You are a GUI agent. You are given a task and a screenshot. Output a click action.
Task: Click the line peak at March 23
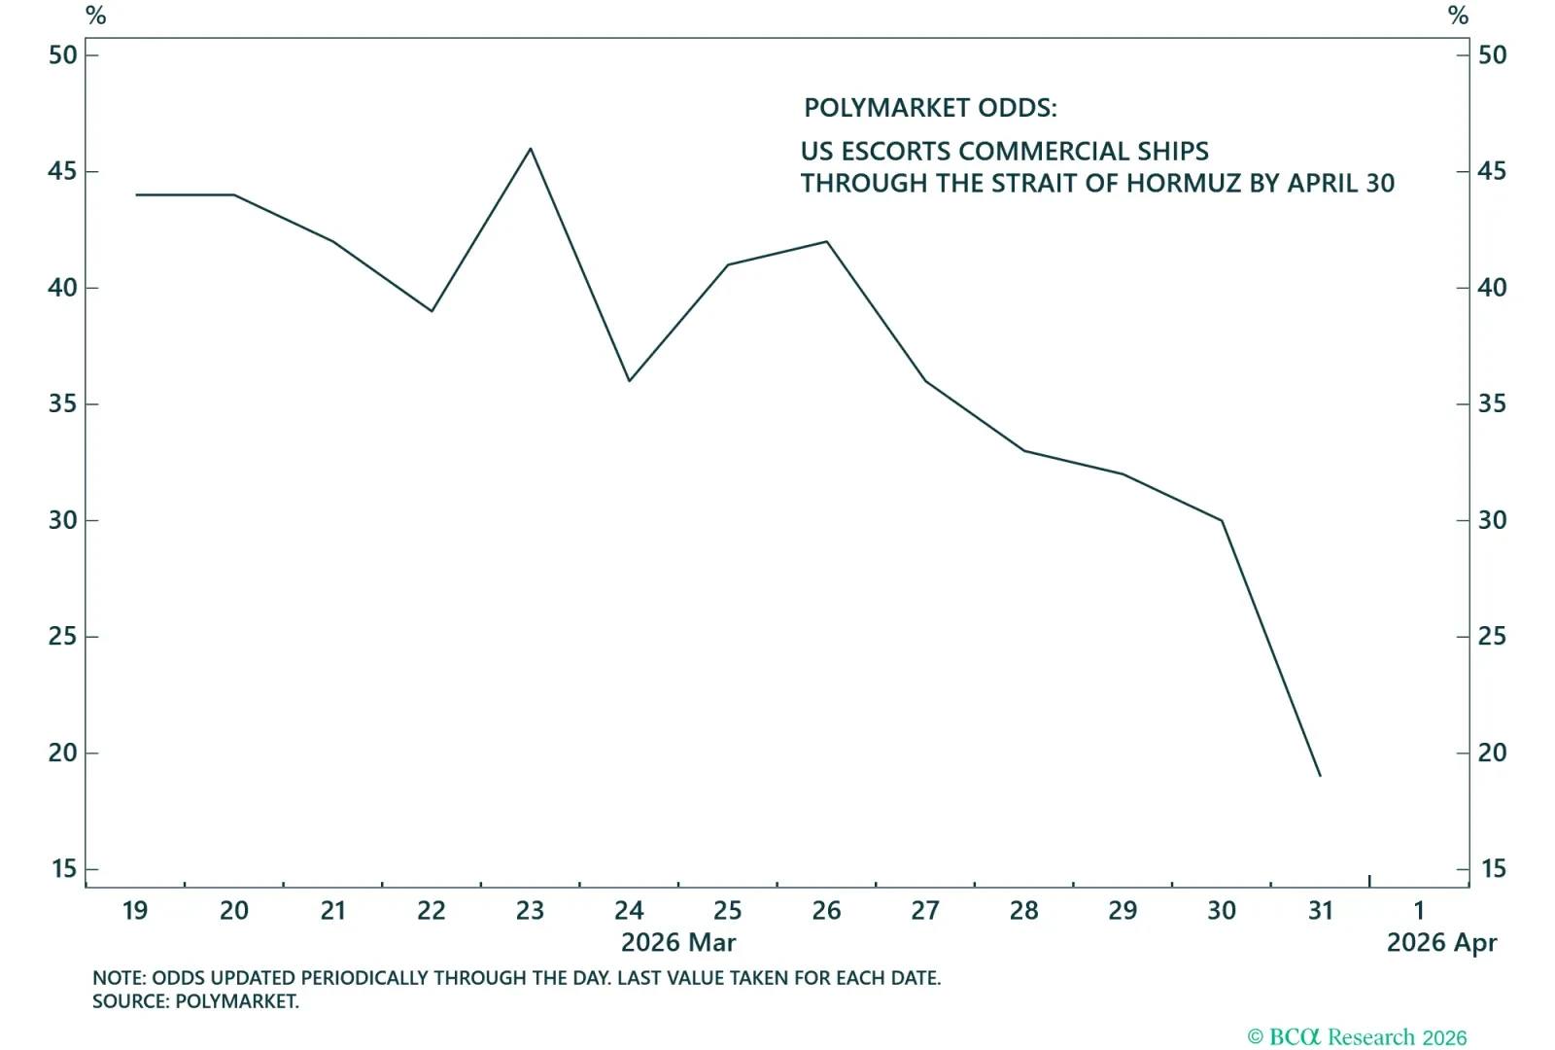530,149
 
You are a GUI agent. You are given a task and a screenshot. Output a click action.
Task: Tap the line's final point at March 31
1320,776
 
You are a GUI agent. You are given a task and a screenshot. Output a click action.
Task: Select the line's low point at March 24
629,380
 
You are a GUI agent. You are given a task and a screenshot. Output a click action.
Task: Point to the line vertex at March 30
1222,520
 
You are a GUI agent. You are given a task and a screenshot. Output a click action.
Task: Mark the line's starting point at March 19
136,194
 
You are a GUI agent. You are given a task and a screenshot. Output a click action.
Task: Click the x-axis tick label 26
826,911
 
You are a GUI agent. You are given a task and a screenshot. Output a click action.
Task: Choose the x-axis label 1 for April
1419,911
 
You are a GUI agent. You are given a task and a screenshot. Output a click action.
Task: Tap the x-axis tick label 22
432,911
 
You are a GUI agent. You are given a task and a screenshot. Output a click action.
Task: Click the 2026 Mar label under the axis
678,942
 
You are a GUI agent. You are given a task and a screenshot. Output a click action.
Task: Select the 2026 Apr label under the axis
1441,942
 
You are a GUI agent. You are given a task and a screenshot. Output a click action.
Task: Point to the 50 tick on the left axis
63,55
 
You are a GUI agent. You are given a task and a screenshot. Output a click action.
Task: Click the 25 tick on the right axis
1492,636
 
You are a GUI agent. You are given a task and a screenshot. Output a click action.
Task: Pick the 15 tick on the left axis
63,868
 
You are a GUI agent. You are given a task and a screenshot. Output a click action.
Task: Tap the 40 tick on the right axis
1492,288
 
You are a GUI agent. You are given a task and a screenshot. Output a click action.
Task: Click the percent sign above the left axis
95,16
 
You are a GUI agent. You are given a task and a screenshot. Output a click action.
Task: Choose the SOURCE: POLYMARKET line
195,1001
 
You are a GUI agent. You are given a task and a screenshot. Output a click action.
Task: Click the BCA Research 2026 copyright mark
1357,1037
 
